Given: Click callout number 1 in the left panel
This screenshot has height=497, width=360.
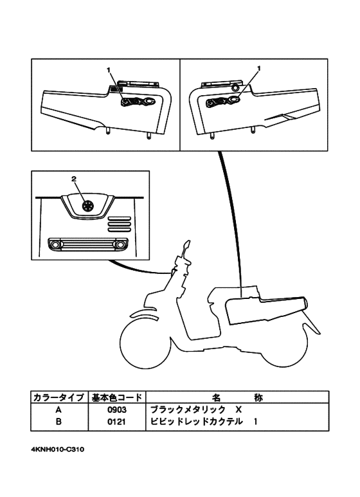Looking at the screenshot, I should [x=109, y=68].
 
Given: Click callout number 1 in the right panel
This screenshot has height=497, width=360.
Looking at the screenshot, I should [x=258, y=68].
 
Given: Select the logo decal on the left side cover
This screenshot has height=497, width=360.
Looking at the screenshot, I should [x=137, y=101].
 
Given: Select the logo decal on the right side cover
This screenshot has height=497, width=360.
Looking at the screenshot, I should [x=222, y=101].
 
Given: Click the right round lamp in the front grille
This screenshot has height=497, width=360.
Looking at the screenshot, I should [x=120, y=245].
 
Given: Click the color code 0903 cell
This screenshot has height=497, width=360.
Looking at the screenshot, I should [x=116, y=410].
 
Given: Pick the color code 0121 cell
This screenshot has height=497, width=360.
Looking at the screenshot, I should [x=116, y=422].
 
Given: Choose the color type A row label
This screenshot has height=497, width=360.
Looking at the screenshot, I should [x=59, y=410].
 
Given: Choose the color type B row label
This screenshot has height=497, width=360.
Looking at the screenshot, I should [x=59, y=422].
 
